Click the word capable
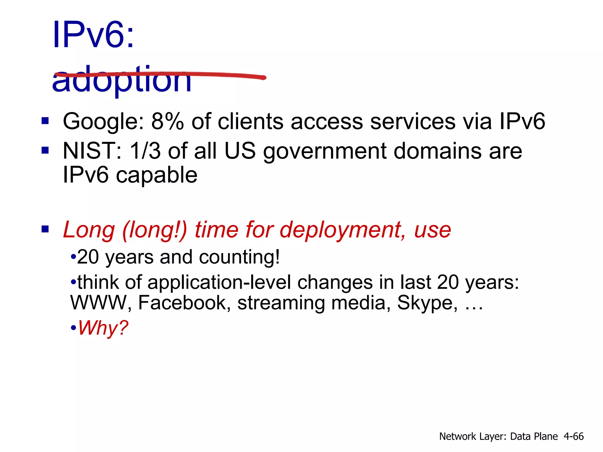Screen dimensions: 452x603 pos(157,175)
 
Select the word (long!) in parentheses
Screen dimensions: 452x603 pos(154,230)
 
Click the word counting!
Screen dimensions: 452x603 pos(239,257)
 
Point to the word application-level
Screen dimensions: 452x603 pos(219,283)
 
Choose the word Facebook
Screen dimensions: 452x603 pos(184,303)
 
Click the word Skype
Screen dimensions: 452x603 pos(427,303)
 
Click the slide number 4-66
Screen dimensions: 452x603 pos(573,436)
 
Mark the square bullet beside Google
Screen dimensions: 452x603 pos(45,121)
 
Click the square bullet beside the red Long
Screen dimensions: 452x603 pos(45,229)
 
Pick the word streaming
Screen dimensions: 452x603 pos(281,303)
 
